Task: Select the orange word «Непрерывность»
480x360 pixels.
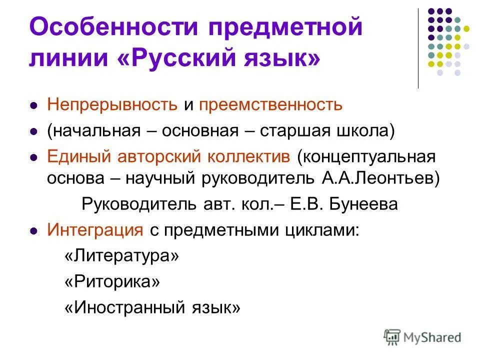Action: pyautogui.click(x=112, y=105)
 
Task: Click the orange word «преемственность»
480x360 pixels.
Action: pyautogui.click(x=270, y=105)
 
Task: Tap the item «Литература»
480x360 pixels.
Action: pyautogui.click(x=121, y=256)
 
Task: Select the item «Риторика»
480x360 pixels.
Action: pyautogui.click(x=112, y=282)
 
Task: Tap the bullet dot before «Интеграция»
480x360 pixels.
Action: pyautogui.click(x=34, y=231)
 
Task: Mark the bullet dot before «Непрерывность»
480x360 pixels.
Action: pyautogui.click(x=34, y=106)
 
